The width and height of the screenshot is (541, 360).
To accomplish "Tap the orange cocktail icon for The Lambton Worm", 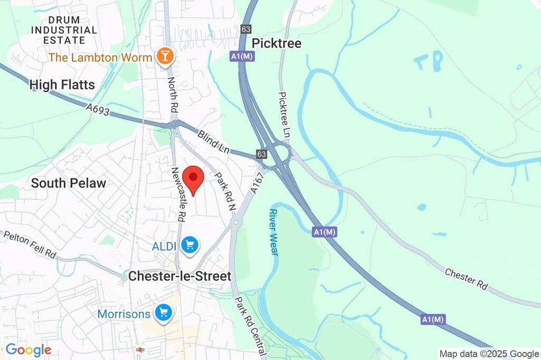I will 165,56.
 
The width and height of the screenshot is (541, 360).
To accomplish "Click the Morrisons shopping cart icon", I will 163,314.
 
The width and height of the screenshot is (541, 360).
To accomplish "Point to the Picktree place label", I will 277,43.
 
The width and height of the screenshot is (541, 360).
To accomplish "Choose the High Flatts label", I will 62,84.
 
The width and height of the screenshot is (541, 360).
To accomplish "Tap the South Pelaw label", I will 69,183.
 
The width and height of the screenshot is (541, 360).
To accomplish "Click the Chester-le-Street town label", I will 180,276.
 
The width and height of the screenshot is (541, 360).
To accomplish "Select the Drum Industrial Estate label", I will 64,30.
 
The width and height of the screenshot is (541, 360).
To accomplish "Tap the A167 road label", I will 256,184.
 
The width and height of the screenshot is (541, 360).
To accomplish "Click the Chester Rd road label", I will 465,279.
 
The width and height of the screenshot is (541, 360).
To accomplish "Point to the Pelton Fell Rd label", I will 30,244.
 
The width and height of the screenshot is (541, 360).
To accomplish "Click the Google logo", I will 28,349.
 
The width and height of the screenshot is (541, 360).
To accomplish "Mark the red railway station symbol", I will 140,350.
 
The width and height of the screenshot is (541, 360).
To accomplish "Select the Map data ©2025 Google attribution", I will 489,354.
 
